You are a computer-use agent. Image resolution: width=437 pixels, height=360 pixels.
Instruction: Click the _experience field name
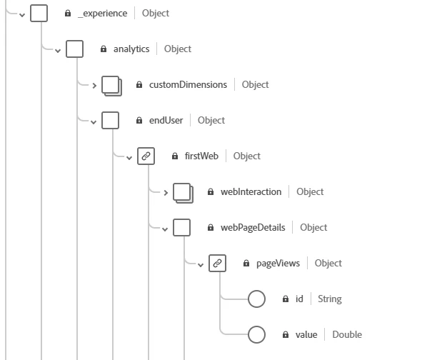click(x=102, y=13)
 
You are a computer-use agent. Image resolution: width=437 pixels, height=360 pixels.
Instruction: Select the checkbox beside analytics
click(x=74, y=49)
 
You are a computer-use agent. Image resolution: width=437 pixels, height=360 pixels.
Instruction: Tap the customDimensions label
click(x=188, y=84)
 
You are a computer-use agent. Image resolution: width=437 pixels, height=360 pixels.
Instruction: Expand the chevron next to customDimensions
click(x=94, y=85)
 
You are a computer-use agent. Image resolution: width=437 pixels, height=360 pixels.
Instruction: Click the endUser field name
click(x=166, y=120)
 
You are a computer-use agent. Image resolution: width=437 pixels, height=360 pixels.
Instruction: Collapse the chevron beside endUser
click(x=94, y=121)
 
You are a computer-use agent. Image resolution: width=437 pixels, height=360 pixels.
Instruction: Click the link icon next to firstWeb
click(x=146, y=156)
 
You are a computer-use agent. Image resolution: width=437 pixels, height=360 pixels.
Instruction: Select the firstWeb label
click(x=201, y=156)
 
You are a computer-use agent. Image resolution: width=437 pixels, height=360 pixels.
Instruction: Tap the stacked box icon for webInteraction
click(x=182, y=192)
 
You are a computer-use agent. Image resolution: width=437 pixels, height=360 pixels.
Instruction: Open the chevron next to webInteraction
click(x=165, y=192)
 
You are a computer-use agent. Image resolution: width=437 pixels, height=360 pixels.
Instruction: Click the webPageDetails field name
click(x=253, y=227)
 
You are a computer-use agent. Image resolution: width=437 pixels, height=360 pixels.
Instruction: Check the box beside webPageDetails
click(x=181, y=227)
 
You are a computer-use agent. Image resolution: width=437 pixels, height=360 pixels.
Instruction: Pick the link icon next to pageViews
click(x=217, y=263)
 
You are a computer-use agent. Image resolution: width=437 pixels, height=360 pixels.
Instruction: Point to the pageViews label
click(x=278, y=263)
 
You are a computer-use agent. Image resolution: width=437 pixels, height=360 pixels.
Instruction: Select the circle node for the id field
click(x=256, y=299)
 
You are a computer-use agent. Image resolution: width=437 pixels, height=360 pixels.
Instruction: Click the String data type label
click(x=329, y=299)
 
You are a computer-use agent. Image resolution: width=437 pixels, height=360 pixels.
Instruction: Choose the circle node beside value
click(x=256, y=334)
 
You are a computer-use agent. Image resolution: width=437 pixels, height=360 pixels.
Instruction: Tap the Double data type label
click(x=346, y=334)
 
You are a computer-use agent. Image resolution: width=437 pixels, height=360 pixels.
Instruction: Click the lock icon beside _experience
click(x=68, y=14)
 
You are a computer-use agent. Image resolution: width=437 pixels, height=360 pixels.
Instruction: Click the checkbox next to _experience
click(x=39, y=13)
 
